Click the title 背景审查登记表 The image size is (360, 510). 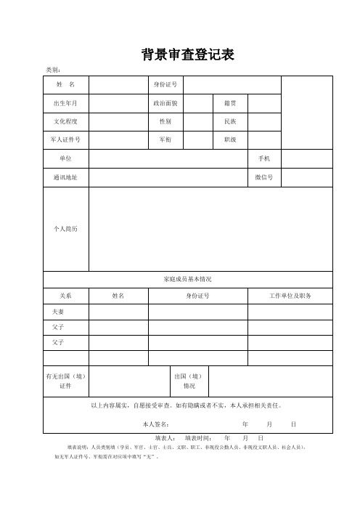coord(187,54)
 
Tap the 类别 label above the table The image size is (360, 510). coord(54,70)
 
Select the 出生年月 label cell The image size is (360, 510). coord(66,103)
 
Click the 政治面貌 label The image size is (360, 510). coord(165,103)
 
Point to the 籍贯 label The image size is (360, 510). coord(229,103)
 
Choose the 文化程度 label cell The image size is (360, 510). coord(66,121)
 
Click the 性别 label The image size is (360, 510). coord(165,121)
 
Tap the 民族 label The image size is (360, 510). coord(229,121)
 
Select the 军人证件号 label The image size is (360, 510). coord(66,139)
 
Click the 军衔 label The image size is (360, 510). coord(165,139)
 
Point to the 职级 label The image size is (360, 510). coord(229,139)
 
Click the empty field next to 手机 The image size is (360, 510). coord(306,158)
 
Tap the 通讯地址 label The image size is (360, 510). coord(66,177)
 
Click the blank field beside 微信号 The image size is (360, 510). coord(306,177)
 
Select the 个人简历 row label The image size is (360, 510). coord(66,229)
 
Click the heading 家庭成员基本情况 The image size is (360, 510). coord(187,279)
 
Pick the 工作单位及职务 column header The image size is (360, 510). coord(290,296)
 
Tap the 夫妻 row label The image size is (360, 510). coord(59,312)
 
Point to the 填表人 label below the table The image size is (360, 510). coord(165,439)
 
